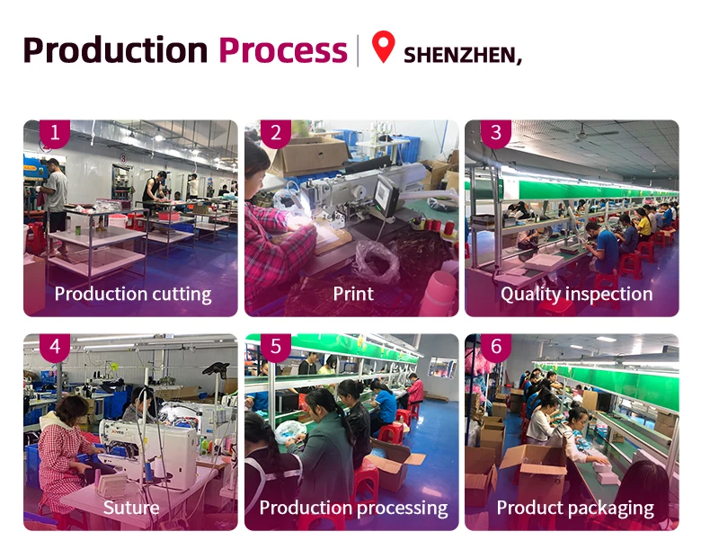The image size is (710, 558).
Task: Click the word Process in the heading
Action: pos(282,50)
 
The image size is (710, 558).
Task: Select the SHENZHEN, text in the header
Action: pos(462,54)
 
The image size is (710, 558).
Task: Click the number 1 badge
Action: pos(54,134)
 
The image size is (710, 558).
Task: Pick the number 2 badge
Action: pos(275,134)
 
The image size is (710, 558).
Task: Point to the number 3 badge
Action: pos(495,134)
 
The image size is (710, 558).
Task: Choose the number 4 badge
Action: pos(54,347)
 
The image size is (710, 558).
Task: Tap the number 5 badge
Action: pos(275,347)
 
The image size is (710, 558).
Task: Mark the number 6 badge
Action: pos(495,347)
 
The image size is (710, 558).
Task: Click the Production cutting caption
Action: pos(132,294)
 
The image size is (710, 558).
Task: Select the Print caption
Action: pos(353,294)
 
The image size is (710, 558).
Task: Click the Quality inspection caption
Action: pos(576,294)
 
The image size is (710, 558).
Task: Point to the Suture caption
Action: pos(131,508)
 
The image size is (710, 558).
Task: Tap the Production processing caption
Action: pos(353,508)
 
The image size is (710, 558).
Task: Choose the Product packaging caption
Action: pos(575,508)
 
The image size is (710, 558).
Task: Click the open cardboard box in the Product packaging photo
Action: pos(531,466)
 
